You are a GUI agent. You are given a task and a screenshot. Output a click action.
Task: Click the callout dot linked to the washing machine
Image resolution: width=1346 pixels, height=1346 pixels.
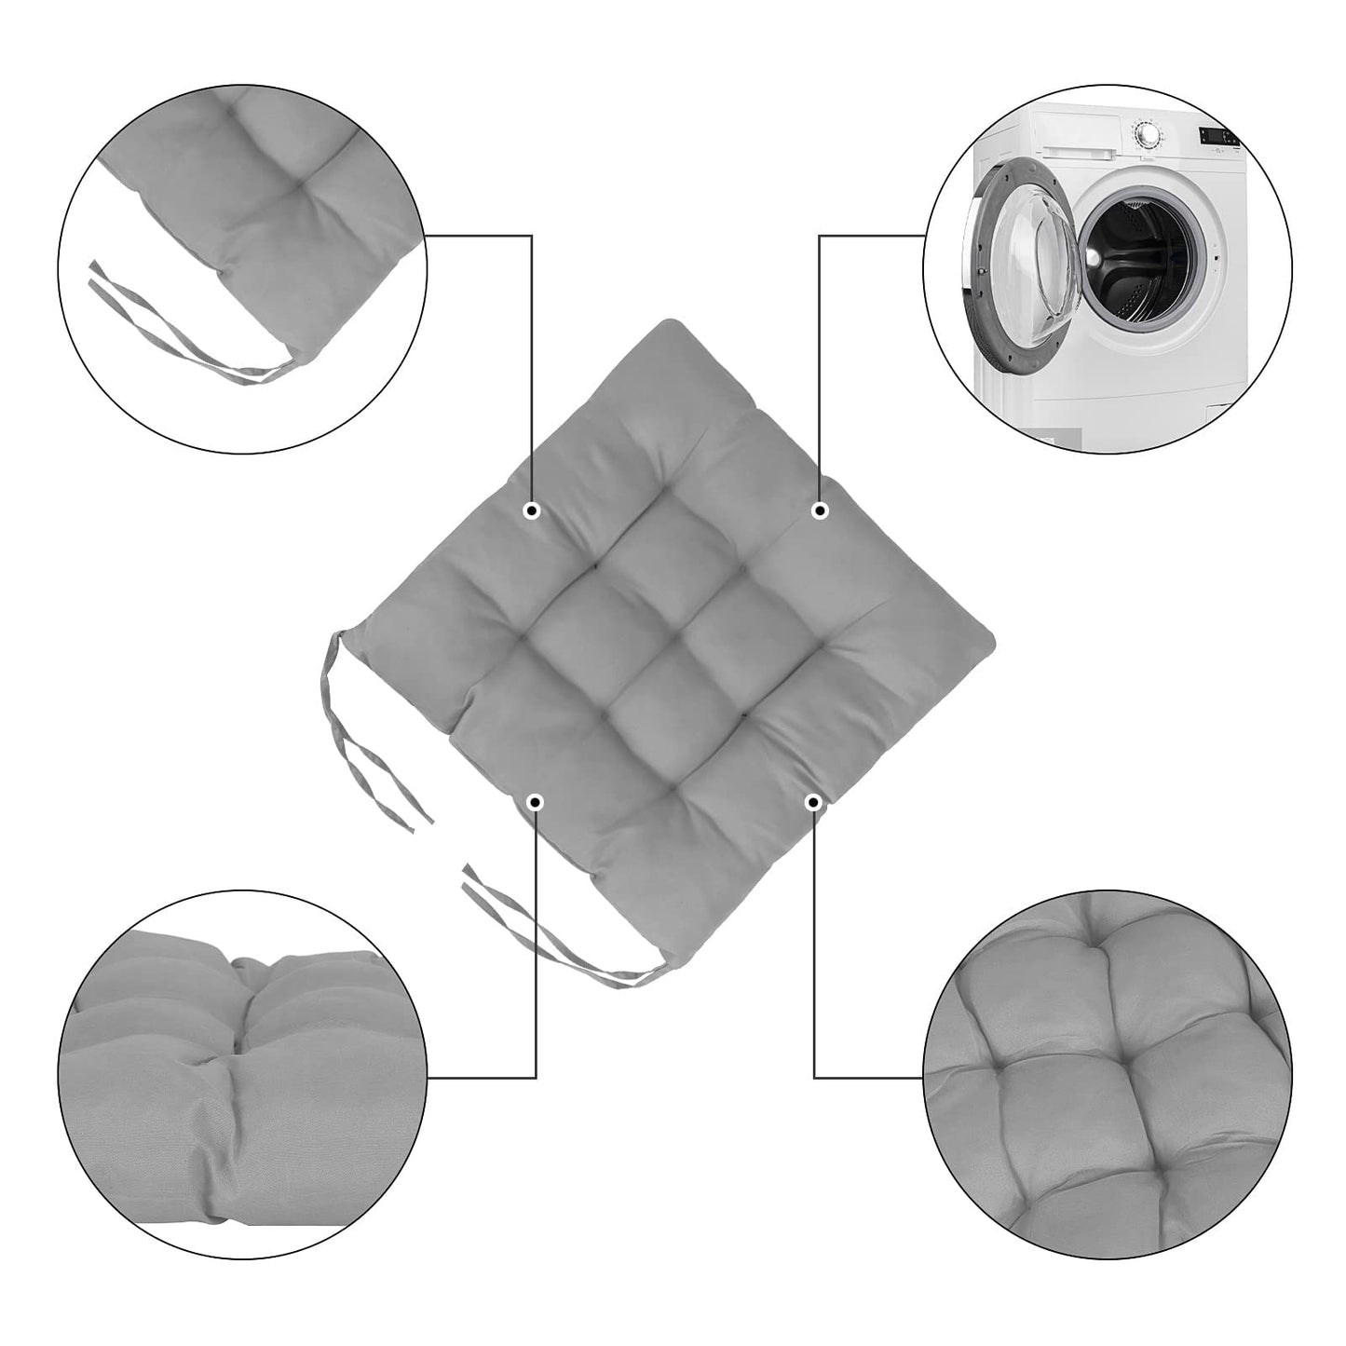(x=820, y=510)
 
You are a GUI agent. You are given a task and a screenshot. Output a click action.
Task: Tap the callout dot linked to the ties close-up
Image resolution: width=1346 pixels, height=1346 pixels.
(x=532, y=510)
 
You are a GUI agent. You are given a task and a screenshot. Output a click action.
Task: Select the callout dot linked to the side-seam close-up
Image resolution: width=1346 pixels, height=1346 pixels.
(x=535, y=801)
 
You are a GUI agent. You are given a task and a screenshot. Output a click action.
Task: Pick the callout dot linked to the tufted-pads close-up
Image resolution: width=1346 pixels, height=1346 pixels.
(x=814, y=801)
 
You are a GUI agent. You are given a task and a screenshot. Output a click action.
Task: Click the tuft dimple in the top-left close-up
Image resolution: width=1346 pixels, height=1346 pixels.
(x=300, y=186)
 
